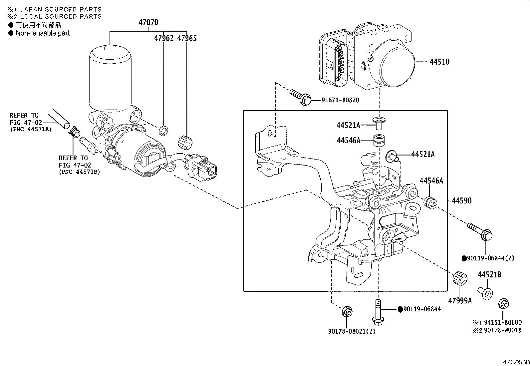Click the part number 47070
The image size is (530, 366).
point(148,23)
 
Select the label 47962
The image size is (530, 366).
point(164,38)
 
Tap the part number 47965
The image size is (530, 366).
point(187,38)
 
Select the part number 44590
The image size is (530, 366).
point(462,200)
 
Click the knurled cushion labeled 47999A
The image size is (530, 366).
point(460,278)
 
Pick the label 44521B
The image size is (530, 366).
point(489,274)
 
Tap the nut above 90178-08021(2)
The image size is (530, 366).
point(347,312)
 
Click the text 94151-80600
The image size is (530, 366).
point(503,322)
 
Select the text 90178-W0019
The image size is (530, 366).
point(503,330)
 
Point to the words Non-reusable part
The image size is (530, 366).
point(43,33)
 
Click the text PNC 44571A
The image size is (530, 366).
point(31,129)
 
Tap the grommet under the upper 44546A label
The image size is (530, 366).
point(378,140)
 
